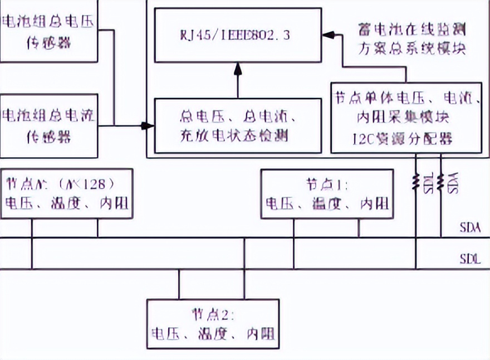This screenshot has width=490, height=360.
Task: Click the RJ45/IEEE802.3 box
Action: point(238,35)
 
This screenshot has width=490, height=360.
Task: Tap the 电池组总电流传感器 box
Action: point(49,125)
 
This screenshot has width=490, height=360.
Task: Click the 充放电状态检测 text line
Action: point(237,135)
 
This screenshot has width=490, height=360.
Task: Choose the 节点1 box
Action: point(327,194)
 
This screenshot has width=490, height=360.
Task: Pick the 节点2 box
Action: point(213,324)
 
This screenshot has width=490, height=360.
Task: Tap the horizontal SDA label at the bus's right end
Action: point(470,228)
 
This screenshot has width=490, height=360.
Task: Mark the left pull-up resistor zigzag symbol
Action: point(416,182)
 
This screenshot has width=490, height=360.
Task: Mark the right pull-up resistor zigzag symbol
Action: point(441,182)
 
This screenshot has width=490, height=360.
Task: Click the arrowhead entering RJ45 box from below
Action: point(238,67)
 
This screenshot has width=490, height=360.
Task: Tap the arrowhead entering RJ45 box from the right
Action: point(329,35)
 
